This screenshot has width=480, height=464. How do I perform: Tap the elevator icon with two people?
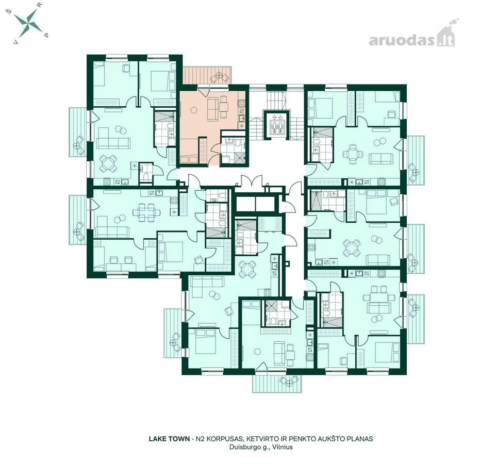(276, 125)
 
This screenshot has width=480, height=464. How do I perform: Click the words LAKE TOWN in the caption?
(169, 439)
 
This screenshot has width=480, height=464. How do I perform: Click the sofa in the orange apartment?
(211, 109)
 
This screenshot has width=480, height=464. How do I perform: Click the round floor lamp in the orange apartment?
(193, 109)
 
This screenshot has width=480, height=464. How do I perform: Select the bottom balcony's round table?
(289, 380)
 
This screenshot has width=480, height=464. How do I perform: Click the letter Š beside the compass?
(9, 12)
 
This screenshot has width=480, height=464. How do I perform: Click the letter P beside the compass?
(46, 35)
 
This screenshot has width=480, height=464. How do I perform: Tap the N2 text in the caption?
(201, 439)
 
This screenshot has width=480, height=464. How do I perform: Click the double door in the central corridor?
(251, 180)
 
